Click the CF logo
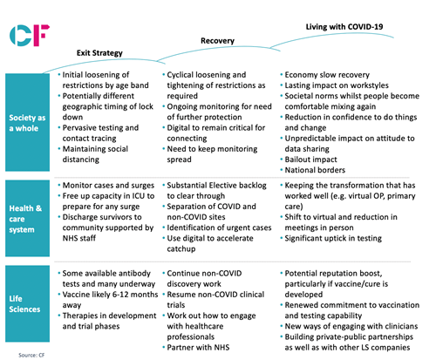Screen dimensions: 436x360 tap(30, 36)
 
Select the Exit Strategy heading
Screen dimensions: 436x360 tap(99, 53)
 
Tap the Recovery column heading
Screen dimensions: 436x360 tap(217, 41)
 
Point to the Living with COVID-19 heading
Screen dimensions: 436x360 tap(344, 27)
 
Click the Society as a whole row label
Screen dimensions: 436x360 tap(27, 123)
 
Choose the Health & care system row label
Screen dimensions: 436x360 tap(25, 219)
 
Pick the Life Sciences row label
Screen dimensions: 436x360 tap(24, 304)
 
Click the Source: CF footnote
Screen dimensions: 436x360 tap(31, 355)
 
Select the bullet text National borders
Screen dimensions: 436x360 tap(315, 170)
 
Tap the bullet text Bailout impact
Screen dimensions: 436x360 tap(310, 160)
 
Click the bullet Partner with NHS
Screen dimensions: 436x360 tap(198, 347)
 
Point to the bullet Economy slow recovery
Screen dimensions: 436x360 tap(327, 75)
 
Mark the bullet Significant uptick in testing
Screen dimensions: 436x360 tap(333, 238)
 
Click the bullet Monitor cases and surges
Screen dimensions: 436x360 tap(108, 186)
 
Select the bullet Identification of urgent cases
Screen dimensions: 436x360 tap(219, 228)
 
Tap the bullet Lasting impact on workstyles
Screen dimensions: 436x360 tap(337, 85)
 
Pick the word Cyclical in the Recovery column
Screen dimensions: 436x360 tap(180, 75)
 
